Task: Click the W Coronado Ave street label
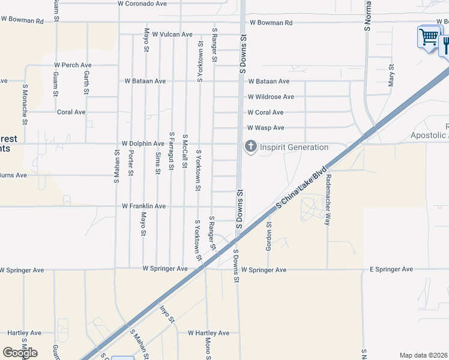(x=142, y=4)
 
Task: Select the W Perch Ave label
(x=73, y=65)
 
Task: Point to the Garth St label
(x=86, y=82)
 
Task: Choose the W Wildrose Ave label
(x=271, y=97)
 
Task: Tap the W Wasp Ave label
(x=266, y=128)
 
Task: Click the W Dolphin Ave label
(x=142, y=144)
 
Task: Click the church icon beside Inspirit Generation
(x=250, y=147)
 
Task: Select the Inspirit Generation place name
(x=294, y=148)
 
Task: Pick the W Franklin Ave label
(x=143, y=206)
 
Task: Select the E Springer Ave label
(x=391, y=269)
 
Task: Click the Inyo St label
(x=166, y=314)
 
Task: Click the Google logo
(x=20, y=353)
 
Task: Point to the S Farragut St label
(x=172, y=151)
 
